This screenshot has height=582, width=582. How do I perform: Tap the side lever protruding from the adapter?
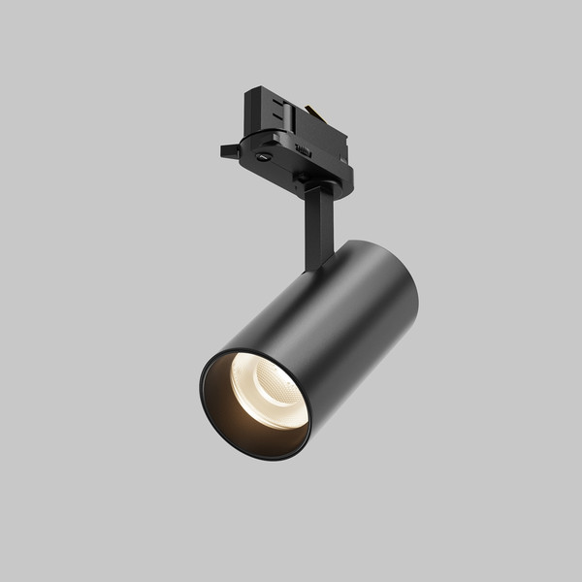coord(230,151)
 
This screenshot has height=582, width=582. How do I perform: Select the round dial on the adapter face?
coord(264,154)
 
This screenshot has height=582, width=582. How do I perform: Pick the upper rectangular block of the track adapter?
coord(291,121)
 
